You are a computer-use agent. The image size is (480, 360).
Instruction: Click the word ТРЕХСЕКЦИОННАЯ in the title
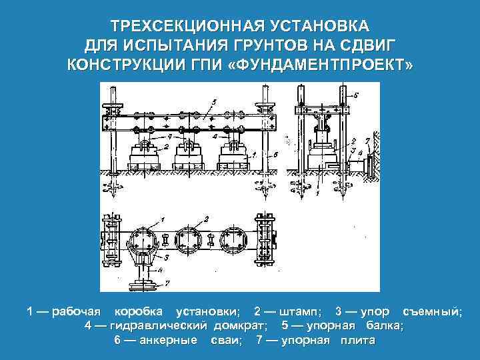coord(172,27)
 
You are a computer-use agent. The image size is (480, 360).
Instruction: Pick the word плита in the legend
coord(357,341)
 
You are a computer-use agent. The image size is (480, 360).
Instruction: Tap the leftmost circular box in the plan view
coord(143,239)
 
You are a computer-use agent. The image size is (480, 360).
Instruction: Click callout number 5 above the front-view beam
coord(213,101)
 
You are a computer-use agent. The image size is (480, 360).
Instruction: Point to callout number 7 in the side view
coord(368,141)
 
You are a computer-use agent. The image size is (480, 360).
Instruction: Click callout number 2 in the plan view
coord(206,218)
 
